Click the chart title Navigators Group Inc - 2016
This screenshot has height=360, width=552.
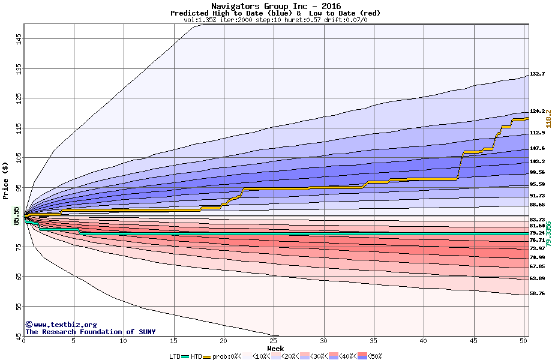click(x=275, y=6)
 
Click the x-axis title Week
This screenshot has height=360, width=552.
click(x=275, y=348)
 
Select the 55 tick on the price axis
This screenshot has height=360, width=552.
click(x=19, y=306)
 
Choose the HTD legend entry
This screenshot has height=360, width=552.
click(x=196, y=356)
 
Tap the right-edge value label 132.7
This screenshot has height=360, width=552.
click(x=537, y=74)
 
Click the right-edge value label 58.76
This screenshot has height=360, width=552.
click(x=537, y=293)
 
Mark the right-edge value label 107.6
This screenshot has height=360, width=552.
click(x=537, y=148)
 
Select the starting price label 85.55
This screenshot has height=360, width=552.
click(x=17, y=215)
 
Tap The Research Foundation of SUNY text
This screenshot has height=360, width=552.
click(x=90, y=332)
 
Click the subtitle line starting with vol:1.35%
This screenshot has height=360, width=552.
click(x=275, y=20)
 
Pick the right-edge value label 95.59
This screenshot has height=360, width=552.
click(x=537, y=184)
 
